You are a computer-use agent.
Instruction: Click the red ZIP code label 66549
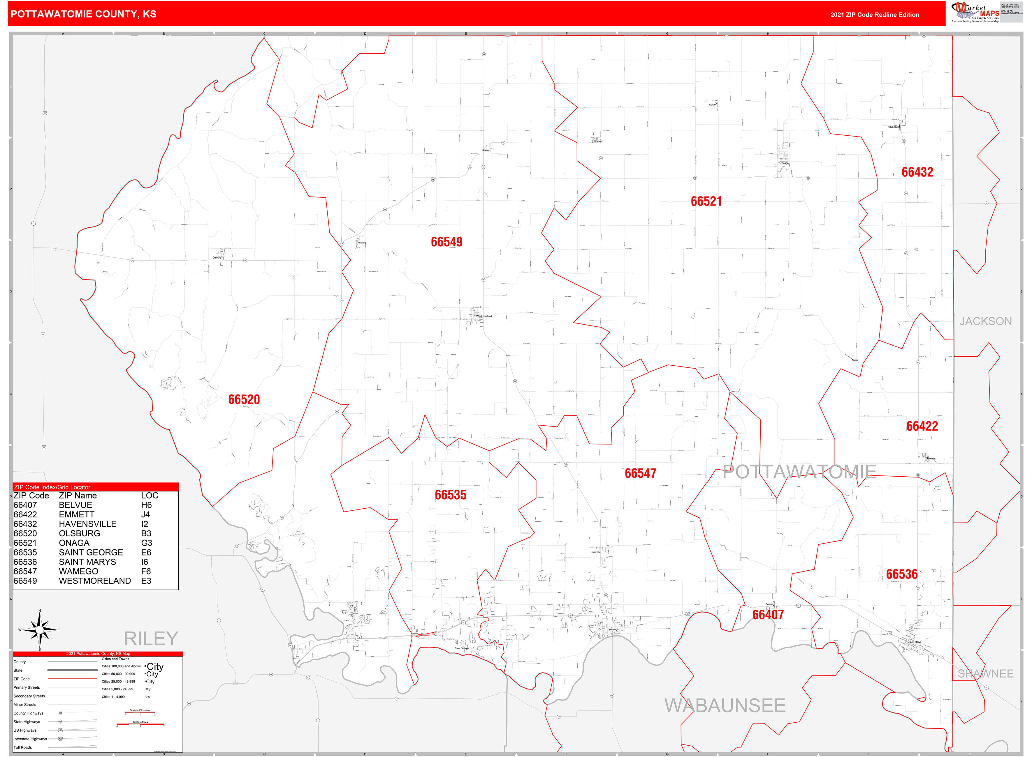(446, 242)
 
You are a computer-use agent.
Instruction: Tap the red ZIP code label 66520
(244, 399)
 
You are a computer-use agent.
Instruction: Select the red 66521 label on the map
(706, 201)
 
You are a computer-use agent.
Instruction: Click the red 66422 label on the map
(922, 426)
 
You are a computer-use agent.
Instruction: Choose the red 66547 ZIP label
(640, 473)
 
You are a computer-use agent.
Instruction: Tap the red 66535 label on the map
(450, 495)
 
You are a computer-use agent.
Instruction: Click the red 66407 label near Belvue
(768, 615)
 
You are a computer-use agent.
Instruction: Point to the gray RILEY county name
(151, 638)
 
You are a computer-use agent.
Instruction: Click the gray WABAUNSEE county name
(725, 706)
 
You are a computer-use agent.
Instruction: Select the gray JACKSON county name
(985, 321)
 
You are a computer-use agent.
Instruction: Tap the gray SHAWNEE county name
(985, 674)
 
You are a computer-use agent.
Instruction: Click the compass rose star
(40, 630)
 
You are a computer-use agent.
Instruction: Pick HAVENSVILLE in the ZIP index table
(88, 524)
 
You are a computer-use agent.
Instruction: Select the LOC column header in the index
(150, 495)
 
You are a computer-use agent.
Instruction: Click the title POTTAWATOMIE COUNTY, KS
(83, 14)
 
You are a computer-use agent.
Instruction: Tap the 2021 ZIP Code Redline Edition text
(874, 15)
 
